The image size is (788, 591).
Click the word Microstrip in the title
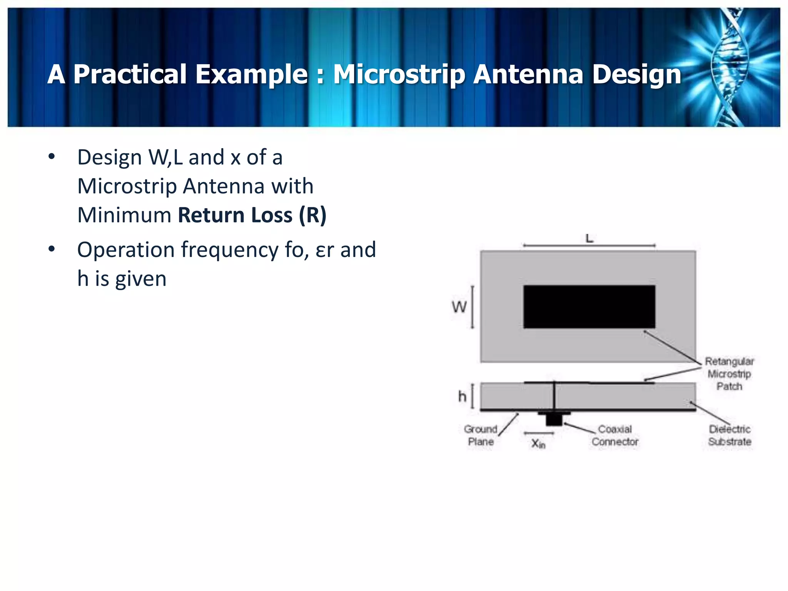[399, 74]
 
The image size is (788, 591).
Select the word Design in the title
[637, 74]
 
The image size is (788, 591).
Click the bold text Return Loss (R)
[252, 215]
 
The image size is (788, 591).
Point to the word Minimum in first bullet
[124, 215]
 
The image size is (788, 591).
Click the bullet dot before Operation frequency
[52, 249]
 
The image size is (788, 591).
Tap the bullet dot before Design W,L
[52, 157]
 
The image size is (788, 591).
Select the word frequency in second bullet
[230, 250]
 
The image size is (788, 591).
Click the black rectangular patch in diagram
[589, 307]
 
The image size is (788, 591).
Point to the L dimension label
[589, 239]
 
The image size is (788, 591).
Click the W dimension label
[459, 307]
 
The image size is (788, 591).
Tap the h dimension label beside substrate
[462, 396]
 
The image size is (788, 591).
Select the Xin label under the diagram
[538, 444]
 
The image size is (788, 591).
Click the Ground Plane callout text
[481, 435]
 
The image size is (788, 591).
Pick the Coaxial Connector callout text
[615, 435]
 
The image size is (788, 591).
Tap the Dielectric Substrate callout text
[730, 435]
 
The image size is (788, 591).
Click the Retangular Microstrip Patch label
[729, 374]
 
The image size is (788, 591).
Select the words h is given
[122, 279]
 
